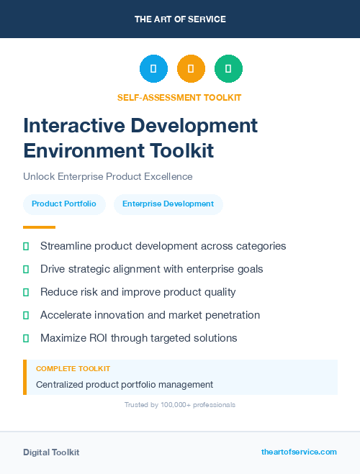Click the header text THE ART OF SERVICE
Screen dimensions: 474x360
(x=180, y=19)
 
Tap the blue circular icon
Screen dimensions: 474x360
(x=153, y=69)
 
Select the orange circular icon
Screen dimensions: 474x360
(x=191, y=69)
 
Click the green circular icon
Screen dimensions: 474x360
(x=228, y=69)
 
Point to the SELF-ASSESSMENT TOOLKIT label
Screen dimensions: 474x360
(x=180, y=97)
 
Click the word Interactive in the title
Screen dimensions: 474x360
(x=78, y=125)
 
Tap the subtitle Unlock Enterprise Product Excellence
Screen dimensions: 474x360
(x=108, y=176)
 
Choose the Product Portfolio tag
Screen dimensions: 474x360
(x=64, y=204)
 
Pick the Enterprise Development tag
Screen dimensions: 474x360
(x=168, y=204)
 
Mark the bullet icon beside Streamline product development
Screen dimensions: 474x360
(x=26, y=247)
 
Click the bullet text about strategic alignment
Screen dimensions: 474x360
(x=151, y=269)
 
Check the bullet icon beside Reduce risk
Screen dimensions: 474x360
(x=26, y=293)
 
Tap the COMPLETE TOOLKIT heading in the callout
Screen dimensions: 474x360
(x=73, y=368)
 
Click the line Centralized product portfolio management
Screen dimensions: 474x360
(x=125, y=385)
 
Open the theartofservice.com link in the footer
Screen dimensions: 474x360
(x=299, y=452)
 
